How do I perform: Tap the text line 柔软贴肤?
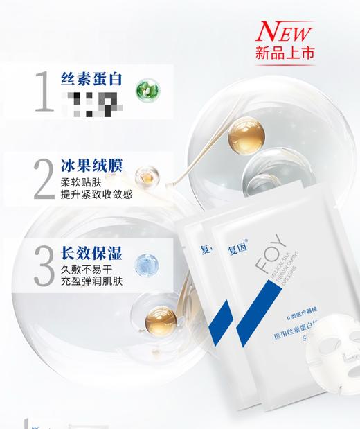tap(82, 182)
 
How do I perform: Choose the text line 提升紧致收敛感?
tap(97, 195)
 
